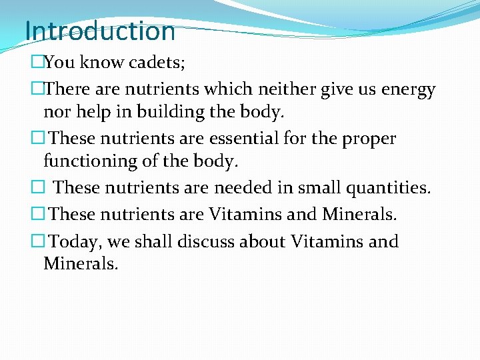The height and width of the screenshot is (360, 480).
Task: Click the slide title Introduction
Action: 99,31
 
